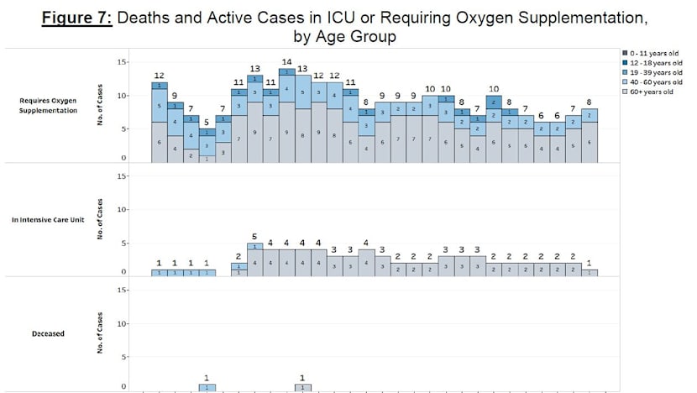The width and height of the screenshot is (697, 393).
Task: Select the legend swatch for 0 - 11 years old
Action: coord(617,53)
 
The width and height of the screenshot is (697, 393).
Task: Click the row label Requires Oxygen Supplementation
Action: coord(48,106)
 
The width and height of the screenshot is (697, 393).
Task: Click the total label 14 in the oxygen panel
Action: coord(286,62)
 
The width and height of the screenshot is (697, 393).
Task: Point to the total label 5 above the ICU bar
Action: coord(254,236)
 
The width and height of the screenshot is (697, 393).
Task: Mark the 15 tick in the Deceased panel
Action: coord(123,290)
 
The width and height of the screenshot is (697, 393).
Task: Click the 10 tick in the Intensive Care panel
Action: coord(123,209)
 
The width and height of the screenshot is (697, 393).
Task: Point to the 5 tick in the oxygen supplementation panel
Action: coord(123,128)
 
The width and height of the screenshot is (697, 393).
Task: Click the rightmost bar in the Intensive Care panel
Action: coord(590,272)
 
